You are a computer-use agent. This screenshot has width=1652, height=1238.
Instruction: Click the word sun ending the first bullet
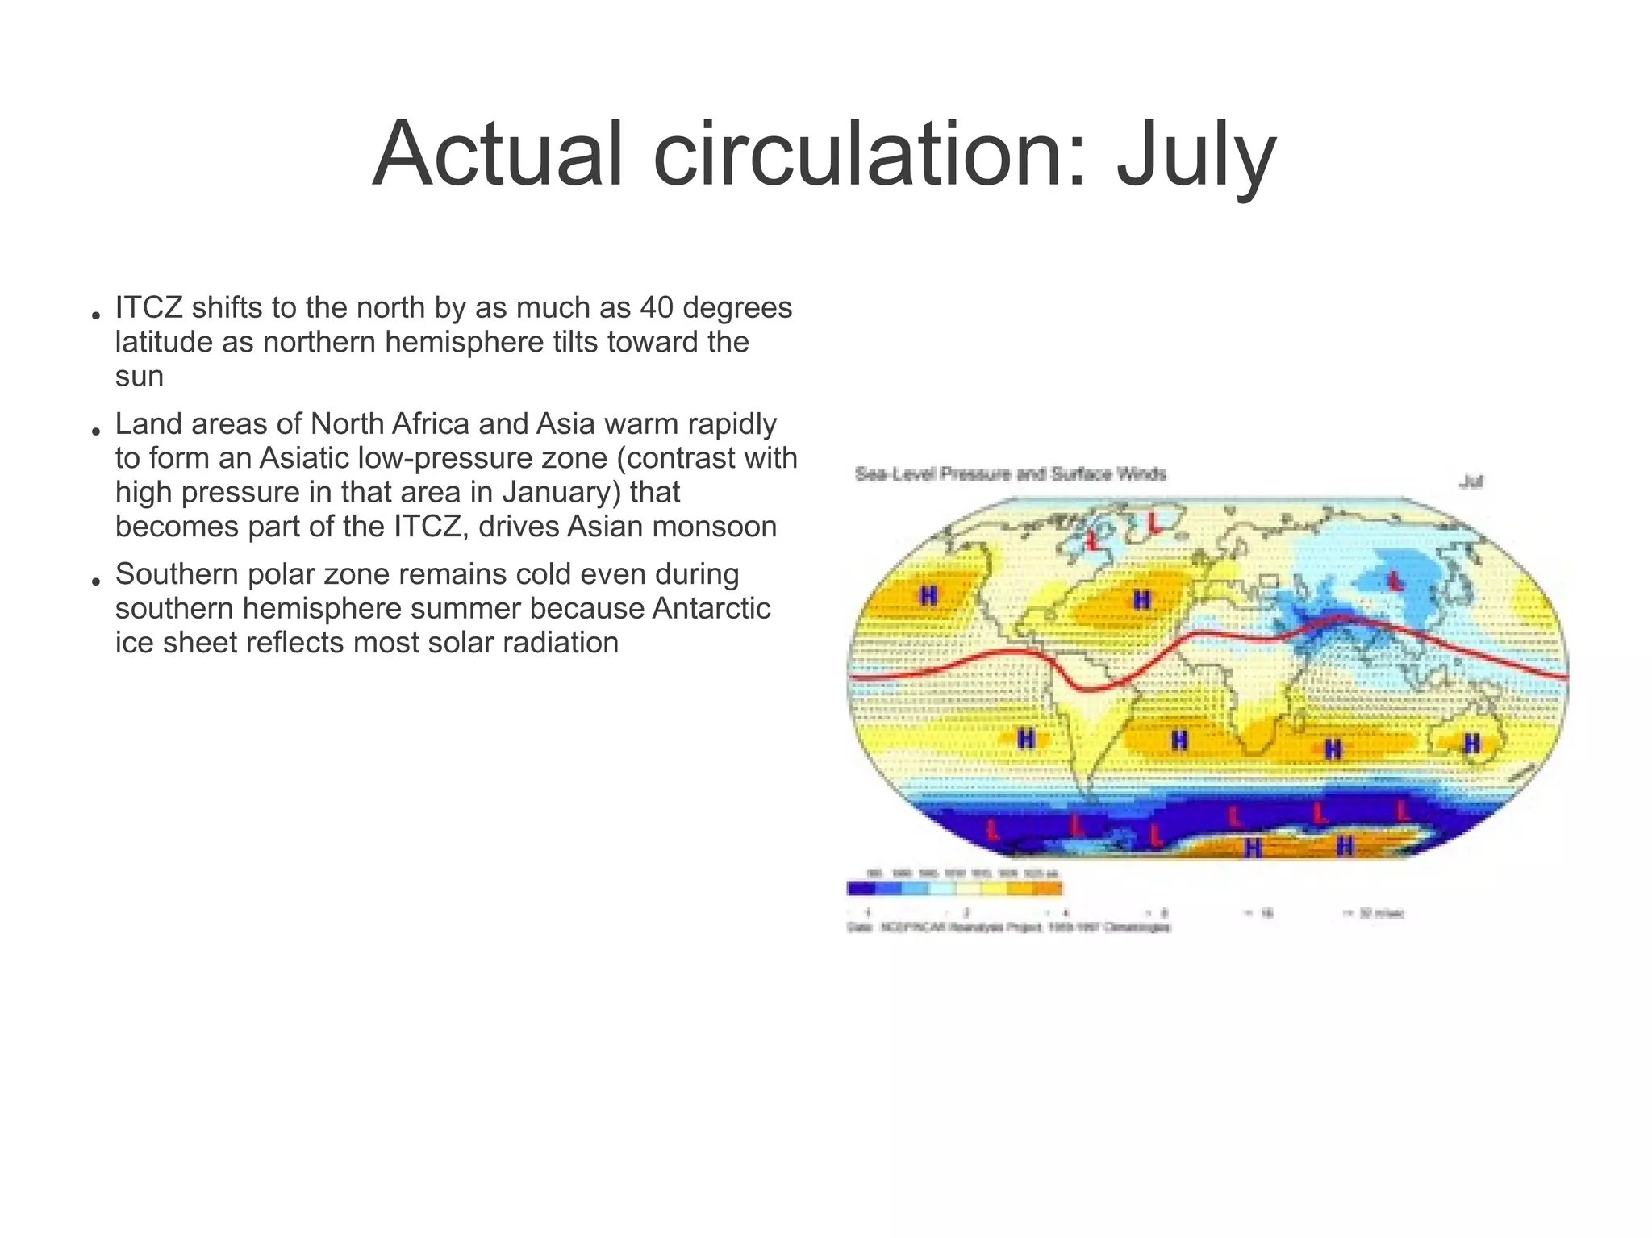(x=139, y=377)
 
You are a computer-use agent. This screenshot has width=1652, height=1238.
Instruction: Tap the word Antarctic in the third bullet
(x=711, y=609)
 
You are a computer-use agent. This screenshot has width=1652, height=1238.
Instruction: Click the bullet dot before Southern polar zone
(x=95, y=581)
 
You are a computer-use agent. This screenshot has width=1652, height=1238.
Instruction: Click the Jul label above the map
(x=1471, y=482)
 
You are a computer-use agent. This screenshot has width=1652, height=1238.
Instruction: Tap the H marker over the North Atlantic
(x=1141, y=600)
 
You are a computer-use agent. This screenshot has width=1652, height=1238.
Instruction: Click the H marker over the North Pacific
(x=928, y=596)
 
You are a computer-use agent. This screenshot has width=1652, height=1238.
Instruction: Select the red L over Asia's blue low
(x=1394, y=579)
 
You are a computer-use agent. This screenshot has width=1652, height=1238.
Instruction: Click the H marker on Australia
(x=1472, y=744)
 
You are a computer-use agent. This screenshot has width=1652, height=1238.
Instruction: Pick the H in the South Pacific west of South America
(x=1025, y=739)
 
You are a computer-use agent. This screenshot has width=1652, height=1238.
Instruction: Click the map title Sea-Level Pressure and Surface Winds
(x=1010, y=474)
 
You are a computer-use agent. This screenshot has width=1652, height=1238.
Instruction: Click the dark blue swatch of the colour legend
(x=861, y=889)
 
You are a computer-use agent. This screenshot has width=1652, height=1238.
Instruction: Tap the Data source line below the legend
(x=1008, y=928)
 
